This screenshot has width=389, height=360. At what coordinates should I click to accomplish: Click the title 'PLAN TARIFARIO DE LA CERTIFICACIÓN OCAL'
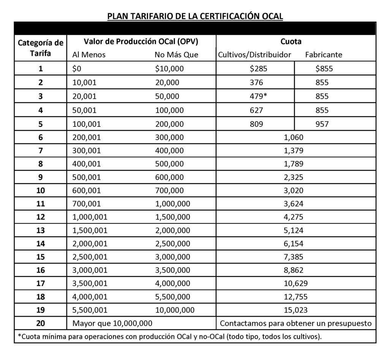click(195, 16)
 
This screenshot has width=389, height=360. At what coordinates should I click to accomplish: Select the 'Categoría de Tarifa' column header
click(41, 47)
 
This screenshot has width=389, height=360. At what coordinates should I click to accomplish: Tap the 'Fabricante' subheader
click(323, 55)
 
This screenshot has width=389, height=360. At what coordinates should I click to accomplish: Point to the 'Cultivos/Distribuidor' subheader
click(255, 55)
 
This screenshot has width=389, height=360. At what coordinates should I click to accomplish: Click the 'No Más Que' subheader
click(176, 55)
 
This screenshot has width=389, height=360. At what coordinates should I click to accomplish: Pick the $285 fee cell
click(256, 69)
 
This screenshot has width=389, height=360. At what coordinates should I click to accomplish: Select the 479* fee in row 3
click(256, 96)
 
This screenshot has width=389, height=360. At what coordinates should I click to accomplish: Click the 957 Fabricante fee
click(322, 124)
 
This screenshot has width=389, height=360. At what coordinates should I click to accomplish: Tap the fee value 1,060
click(294, 137)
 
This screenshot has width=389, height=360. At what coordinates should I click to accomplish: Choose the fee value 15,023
click(296, 309)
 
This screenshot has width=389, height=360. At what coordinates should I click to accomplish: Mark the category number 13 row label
click(41, 230)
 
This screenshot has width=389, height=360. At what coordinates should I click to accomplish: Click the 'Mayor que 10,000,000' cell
click(112, 324)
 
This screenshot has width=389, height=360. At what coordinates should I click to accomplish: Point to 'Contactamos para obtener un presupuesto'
click(296, 324)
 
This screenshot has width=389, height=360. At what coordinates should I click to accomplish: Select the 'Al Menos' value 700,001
click(87, 203)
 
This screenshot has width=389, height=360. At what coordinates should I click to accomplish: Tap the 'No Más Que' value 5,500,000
click(173, 296)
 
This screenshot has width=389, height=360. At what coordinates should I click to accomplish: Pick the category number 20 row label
click(41, 324)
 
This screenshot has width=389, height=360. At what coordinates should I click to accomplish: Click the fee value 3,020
click(294, 189)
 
